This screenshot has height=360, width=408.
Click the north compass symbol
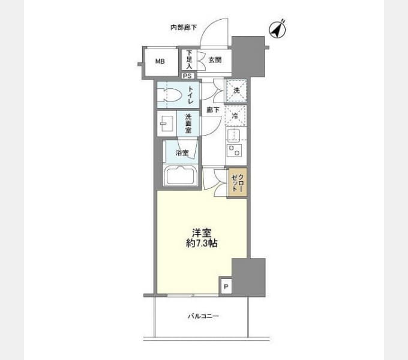point(277,29)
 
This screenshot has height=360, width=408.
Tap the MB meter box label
point(160,61)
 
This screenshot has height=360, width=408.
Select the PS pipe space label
point(187,76)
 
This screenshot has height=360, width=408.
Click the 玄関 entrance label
point(215,60)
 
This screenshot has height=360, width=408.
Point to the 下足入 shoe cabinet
point(189,60)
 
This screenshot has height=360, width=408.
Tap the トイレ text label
point(191,95)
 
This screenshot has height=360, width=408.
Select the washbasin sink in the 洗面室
point(167,123)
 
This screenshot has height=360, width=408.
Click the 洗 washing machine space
point(236,91)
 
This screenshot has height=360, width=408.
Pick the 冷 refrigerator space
point(235,115)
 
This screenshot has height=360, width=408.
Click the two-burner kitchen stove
point(234,151)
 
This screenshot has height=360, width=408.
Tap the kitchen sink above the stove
point(234,135)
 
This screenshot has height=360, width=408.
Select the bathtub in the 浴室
point(181,176)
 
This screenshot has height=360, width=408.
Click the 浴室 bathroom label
point(182,152)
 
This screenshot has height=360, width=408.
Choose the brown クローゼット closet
point(238,183)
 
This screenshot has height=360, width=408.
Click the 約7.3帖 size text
point(202,243)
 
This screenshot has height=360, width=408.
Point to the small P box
point(226,286)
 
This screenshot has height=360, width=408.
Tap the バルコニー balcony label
point(203,316)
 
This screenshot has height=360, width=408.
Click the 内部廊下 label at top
point(184,28)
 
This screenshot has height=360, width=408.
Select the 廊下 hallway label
point(213,110)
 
